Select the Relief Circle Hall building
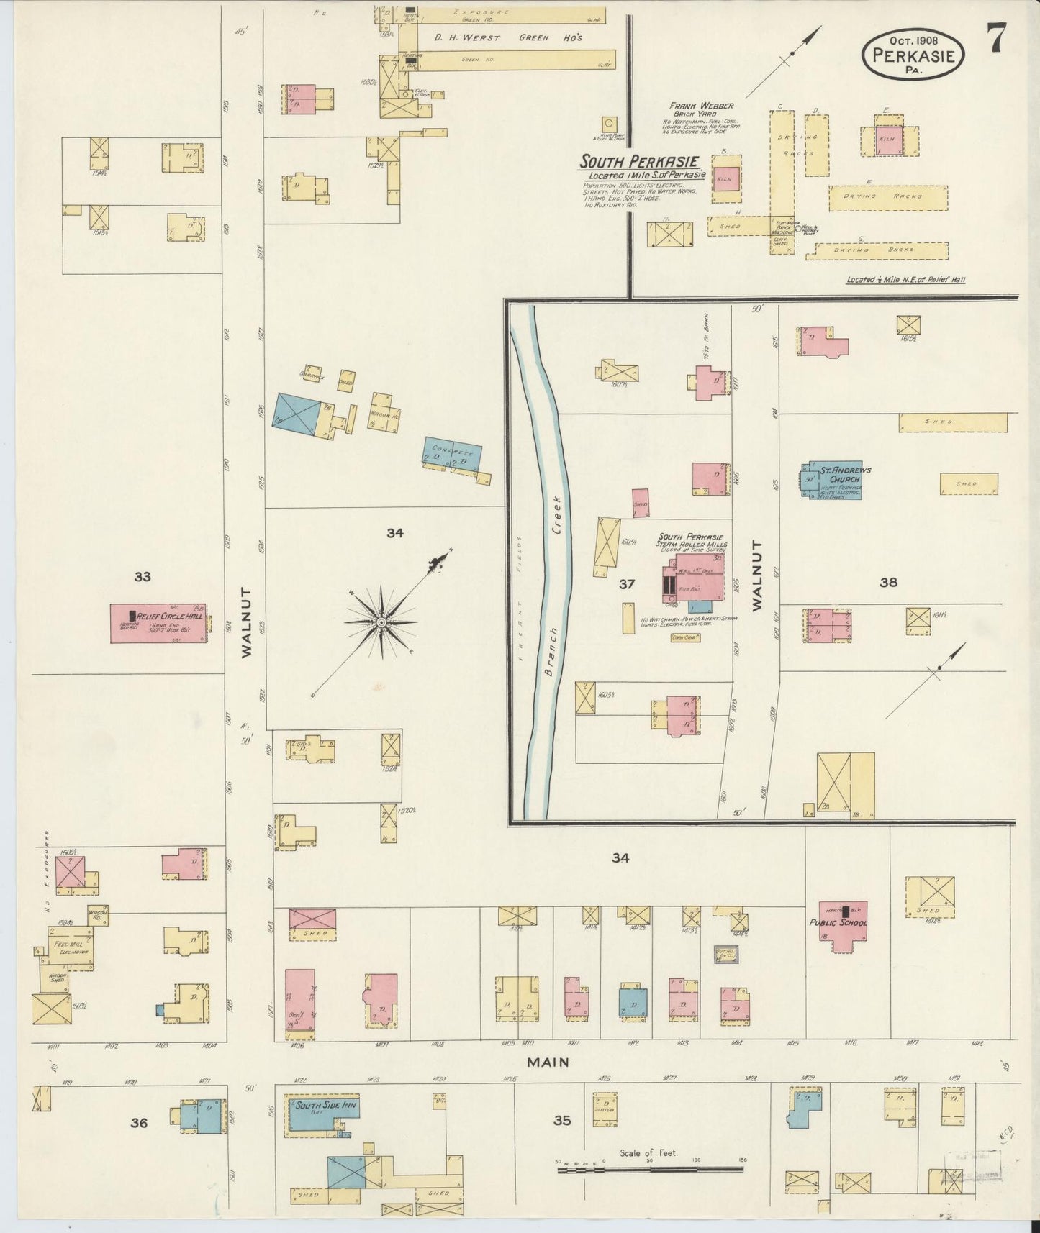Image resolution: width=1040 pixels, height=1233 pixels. (x=158, y=623)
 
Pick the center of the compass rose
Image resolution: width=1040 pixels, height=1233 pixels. (x=380, y=622)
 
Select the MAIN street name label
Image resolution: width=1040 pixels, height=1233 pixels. (x=548, y=1062)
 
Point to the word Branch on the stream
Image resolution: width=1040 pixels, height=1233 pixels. (x=551, y=652)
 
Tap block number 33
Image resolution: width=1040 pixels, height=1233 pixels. (x=143, y=576)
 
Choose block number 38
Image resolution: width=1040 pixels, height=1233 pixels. (x=888, y=583)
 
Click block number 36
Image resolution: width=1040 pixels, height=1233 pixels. (x=138, y=1122)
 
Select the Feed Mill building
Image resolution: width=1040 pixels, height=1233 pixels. (x=70, y=947)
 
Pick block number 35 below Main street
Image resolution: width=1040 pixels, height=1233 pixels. (x=561, y=1120)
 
